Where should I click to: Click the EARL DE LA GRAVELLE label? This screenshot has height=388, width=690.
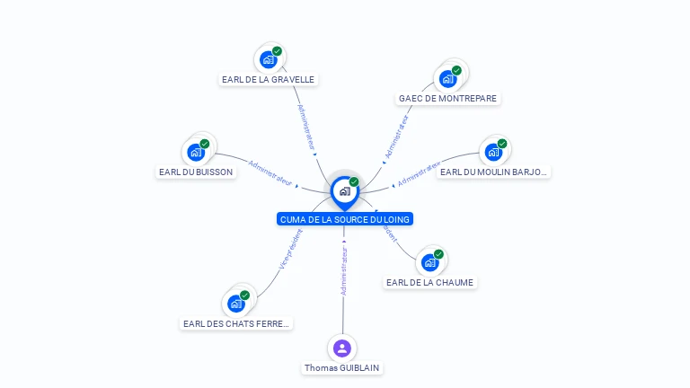(268, 79)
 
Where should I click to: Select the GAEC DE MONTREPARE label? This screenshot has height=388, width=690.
(447, 98)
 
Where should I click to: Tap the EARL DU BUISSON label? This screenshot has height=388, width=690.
(196, 172)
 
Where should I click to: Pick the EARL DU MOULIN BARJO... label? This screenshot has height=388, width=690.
(493, 172)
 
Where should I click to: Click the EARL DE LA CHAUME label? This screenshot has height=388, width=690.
(429, 282)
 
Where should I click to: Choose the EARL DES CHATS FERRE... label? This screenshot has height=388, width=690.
(236, 323)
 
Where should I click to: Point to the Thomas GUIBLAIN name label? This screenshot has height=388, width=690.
(342, 367)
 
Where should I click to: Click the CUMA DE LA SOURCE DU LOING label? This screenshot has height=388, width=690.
(345, 219)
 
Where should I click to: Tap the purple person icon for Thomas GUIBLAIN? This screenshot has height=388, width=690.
(341, 348)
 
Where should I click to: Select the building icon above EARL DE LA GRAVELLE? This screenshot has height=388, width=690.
(268, 59)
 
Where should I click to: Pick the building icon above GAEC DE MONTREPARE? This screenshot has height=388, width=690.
(447, 78)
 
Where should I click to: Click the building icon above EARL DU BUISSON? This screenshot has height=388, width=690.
(196, 152)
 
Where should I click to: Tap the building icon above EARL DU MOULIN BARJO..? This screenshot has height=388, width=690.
(493, 152)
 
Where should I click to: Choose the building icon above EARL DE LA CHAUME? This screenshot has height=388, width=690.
(429, 262)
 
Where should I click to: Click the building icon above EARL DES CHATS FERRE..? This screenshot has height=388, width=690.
(236, 303)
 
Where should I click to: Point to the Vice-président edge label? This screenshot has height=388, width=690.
(291, 249)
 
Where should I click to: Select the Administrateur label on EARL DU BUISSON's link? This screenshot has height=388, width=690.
(270, 172)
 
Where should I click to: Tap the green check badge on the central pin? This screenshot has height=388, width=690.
(354, 182)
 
